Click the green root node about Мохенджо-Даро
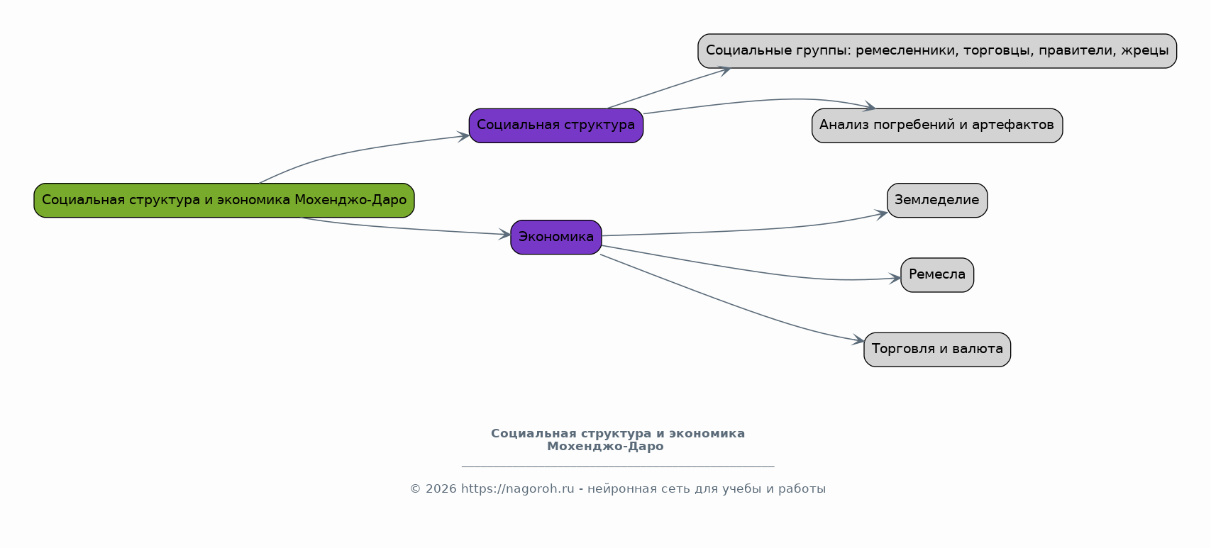(223, 200)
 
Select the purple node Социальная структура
(555, 125)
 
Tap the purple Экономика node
(555, 237)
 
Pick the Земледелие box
(936, 200)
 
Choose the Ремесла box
(936, 274)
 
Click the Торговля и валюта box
(936, 349)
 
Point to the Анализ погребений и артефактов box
(936, 125)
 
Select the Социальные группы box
(936, 51)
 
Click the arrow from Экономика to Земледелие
(745, 231)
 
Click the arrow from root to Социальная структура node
(355, 150)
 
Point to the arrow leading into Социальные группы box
(667, 89)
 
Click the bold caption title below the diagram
(617, 440)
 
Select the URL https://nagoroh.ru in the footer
(517, 489)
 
